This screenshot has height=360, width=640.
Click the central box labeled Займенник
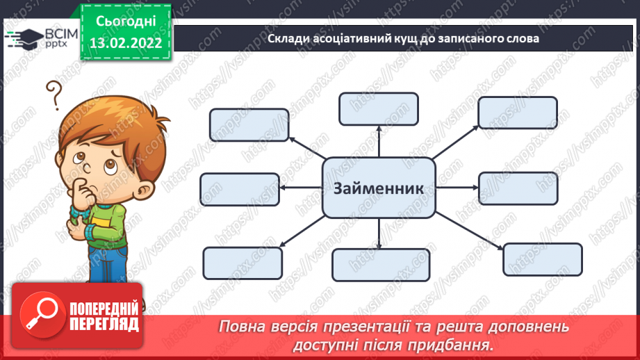(379, 188)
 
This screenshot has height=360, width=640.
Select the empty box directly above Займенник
(379, 110)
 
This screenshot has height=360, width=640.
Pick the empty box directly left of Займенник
(240, 189)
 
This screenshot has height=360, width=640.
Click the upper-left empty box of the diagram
(249, 125)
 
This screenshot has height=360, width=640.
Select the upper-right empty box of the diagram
(518, 113)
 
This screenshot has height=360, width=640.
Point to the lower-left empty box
(243, 263)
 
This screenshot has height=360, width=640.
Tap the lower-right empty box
(542, 259)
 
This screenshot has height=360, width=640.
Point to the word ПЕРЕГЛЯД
(104, 324)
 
